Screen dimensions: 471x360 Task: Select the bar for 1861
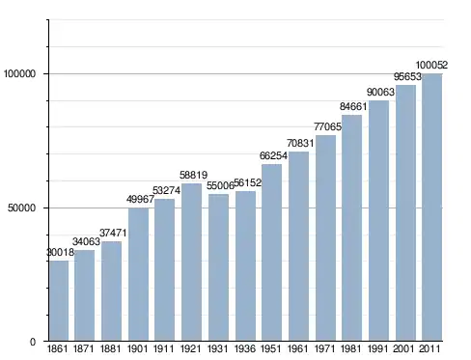tap(59, 300)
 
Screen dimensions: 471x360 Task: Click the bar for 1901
tap(138, 274)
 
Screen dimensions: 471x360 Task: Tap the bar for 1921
tap(191, 262)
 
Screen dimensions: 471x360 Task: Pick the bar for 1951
tap(271, 252)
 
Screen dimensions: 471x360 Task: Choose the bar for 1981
tap(351, 228)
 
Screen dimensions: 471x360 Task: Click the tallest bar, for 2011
tap(432, 208)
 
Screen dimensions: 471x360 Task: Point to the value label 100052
tap(431, 65)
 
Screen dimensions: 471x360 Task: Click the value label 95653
tap(407, 76)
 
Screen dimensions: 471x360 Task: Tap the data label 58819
tap(193, 175)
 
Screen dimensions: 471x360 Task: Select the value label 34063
tap(86, 241)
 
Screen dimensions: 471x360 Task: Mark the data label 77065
tap(327, 126)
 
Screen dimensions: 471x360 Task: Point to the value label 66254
tap(273, 155)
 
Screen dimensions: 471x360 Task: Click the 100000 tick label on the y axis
tap(19, 74)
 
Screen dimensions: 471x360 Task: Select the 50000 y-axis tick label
tap(21, 208)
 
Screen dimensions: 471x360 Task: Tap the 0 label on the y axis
tap(33, 342)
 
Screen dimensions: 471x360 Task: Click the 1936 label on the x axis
tap(245, 348)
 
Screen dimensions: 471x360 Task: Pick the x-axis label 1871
tap(84, 348)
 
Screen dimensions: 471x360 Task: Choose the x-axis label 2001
tap(403, 348)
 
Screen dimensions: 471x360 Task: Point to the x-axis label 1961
tap(298, 348)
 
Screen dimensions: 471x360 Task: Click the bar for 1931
tap(218, 267)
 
